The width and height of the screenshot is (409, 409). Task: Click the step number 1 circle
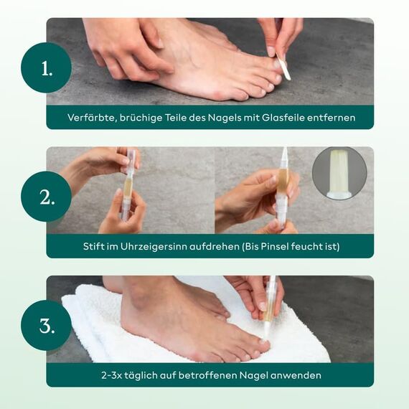click(x=47, y=69)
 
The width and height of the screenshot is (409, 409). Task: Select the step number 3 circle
click(x=47, y=325)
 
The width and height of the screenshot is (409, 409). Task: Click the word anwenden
click(x=296, y=375)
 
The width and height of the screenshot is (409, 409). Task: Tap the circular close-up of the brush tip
click(x=339, y=173)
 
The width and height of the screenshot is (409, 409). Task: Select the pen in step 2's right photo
click(x=283, y=188)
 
